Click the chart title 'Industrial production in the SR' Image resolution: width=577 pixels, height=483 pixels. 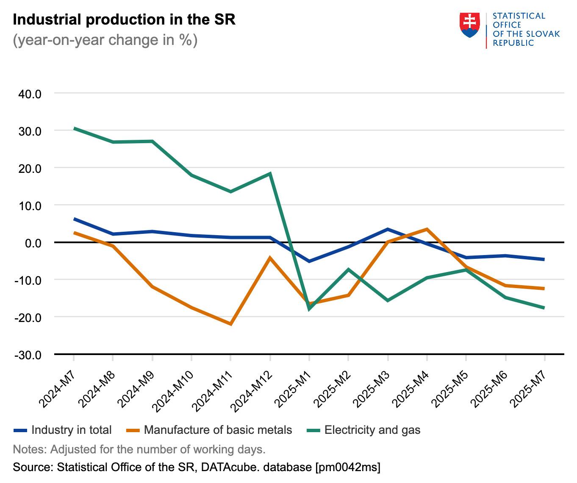124,20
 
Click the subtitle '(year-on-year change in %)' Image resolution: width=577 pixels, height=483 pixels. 105,40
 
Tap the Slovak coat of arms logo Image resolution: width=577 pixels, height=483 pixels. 469,25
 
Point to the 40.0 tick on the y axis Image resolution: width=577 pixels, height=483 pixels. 30,94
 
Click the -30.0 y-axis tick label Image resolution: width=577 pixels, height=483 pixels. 28,355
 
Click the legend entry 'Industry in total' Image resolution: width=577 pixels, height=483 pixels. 71,430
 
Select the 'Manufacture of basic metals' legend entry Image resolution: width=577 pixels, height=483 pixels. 218,430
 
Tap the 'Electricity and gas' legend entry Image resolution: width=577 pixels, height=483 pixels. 372,430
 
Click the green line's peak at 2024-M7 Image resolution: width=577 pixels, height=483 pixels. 74,128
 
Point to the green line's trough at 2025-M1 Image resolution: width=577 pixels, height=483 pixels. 309,309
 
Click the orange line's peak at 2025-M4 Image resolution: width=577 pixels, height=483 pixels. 427,229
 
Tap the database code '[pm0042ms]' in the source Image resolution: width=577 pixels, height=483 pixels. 347,467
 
